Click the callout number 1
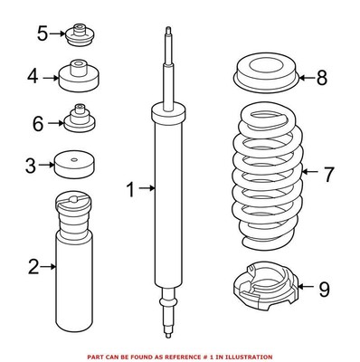click(x=131, y=190)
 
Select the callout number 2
click(x=33, y=266)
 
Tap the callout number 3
click(x=30, y=166)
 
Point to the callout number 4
click(x=33, y=77)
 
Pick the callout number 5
click(x=42, y=35)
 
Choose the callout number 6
click(x=37, y=123)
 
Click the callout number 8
click(x=322, y=78)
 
